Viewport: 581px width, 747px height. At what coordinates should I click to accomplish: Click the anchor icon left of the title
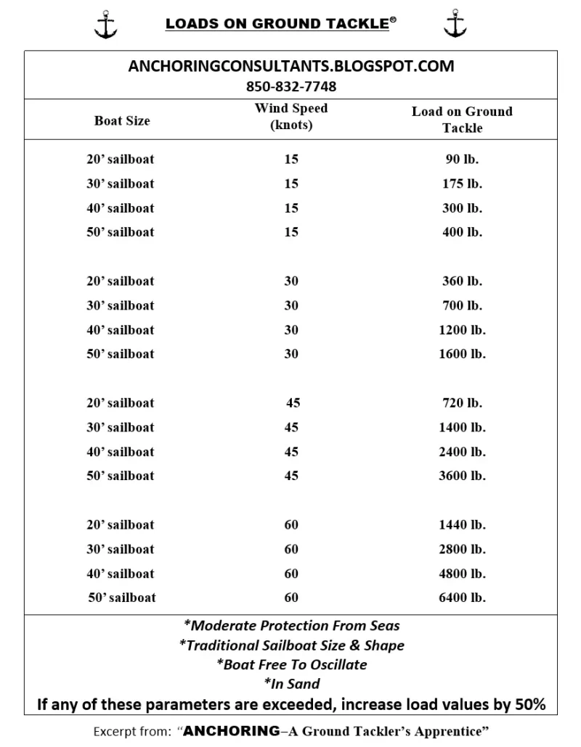point(105,24)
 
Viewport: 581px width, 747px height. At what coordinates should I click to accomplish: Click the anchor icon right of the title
point(455,24)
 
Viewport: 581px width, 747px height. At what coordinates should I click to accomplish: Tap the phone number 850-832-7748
point(291,86)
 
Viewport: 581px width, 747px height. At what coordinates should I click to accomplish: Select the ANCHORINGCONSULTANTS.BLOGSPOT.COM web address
point(291,66)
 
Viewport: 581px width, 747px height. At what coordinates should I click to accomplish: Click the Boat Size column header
point(122,120)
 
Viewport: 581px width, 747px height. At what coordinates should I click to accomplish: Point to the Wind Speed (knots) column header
point(291,116)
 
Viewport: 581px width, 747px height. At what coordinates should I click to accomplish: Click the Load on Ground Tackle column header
point(462,119)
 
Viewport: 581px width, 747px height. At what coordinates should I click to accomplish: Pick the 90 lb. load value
point(462,159)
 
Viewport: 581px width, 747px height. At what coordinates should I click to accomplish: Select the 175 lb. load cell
point(462,183)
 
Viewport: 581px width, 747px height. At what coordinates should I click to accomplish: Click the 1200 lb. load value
point(462,330)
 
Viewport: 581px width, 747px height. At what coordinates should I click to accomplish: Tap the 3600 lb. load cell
point(462,476)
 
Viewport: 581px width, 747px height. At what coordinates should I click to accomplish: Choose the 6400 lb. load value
point(462,598)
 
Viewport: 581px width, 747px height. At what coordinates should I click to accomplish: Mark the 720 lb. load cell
point(462,403)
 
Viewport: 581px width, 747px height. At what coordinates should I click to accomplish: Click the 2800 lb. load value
point(462,549)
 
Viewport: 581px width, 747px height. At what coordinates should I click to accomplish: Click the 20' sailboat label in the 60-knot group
point(121,524)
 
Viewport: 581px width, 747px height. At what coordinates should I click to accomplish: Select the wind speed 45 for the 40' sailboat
point(291,451)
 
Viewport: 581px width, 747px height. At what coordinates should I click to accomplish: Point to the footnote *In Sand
point(291,683)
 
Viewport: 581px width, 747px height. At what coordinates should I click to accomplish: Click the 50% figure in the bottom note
point(529,703)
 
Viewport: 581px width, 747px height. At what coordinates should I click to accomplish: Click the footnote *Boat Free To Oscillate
point(291,664)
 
